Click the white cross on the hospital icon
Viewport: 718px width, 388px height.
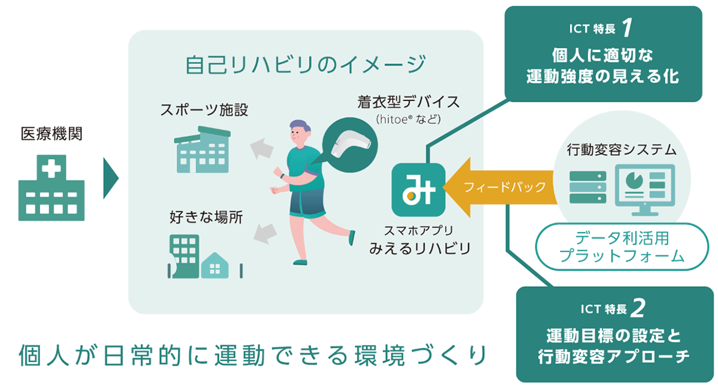click(x=51, y=169)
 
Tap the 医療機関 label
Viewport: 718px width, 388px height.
click(x=51, y=133)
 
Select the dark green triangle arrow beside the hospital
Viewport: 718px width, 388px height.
click(x=111, y=178)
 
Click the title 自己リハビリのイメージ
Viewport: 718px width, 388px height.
click(x=306, y=64)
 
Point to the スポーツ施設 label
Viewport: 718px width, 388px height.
click(x=204, y=110)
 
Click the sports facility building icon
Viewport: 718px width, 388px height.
click(x=202, y=149)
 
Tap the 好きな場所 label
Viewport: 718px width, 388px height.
click(x=206, y=217)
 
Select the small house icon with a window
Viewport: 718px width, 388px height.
click(x=214, y=265)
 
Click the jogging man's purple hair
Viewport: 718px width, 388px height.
click(x=300, y=126)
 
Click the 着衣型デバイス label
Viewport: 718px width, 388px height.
click(x=409, y=102)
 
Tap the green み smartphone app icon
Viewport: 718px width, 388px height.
click(x=418, y=190)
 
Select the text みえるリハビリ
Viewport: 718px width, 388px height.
click(x=420, y=249)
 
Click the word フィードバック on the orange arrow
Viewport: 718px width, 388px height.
click(x=504, y=187)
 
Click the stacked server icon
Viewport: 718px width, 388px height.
click(x=588, y=187)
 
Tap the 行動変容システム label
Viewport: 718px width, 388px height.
click(x=622, y=150)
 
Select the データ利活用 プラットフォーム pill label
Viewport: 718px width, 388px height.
click(x=622, y=247)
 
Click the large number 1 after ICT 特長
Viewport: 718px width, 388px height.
click(x=627, y=28)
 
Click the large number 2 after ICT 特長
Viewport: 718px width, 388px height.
click(x=638, y=308)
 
